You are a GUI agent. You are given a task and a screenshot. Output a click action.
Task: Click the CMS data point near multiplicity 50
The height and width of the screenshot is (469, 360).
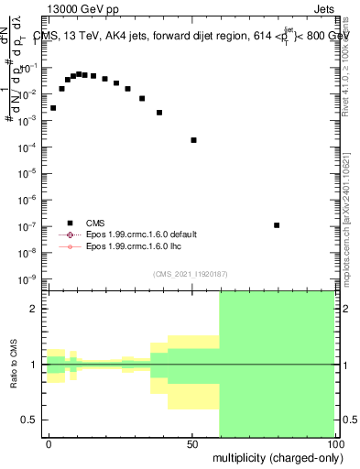click(193, 139)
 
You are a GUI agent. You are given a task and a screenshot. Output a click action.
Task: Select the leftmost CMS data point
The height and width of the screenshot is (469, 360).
click(53, 108)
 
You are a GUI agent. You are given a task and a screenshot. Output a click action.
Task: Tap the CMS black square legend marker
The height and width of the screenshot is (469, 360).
click(70, 223)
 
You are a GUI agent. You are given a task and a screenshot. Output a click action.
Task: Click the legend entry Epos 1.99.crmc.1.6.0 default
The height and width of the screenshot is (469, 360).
click(141, 234)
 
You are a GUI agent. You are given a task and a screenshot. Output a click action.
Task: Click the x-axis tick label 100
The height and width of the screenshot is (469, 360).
click(333, 442)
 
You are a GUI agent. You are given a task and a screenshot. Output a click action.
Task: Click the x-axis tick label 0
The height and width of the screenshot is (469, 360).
click(49, 442)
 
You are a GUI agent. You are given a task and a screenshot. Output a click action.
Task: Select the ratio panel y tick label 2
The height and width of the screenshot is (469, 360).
click(33, 310)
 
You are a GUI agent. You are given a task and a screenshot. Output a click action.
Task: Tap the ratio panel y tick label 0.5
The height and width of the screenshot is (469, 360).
click(30, 420)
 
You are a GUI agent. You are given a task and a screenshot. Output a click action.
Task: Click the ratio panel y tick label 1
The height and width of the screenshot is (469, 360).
click(33, 365)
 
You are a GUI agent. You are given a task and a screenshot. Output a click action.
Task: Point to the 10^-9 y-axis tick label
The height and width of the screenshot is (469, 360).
click(28, 278)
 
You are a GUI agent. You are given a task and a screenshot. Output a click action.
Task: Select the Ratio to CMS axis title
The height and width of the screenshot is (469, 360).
click(14, 365)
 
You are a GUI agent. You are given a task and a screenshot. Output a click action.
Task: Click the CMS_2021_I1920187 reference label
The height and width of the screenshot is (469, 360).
click(189, 273)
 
